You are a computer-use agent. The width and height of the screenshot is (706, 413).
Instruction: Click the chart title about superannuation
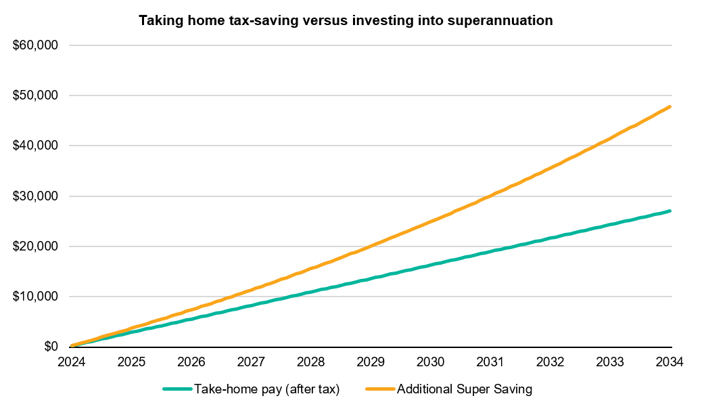[x=346, y=21]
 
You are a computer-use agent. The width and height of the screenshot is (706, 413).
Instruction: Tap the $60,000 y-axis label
[x=35, y=45]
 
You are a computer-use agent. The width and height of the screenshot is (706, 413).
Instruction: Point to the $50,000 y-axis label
[x=35, y=95]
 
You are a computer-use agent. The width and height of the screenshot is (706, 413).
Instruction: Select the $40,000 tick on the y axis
[x=35, y=146]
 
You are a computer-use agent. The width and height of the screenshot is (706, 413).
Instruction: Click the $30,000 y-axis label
[x=35, y=196]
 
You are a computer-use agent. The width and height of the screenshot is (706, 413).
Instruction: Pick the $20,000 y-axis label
[x=35, y=246]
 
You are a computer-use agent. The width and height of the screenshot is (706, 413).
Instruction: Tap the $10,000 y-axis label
[x=35, y=297]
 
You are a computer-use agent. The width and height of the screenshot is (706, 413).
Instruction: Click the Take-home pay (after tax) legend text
[x=266, y=389]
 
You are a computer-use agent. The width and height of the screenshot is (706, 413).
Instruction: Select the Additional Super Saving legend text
[x=465, y=389]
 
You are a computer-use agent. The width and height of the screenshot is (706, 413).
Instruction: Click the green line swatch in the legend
[x=177, y=389]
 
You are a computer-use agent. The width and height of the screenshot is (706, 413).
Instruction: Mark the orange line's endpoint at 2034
[x=669, y=106]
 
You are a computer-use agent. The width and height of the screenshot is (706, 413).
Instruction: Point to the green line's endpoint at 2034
[x=669, y=211]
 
